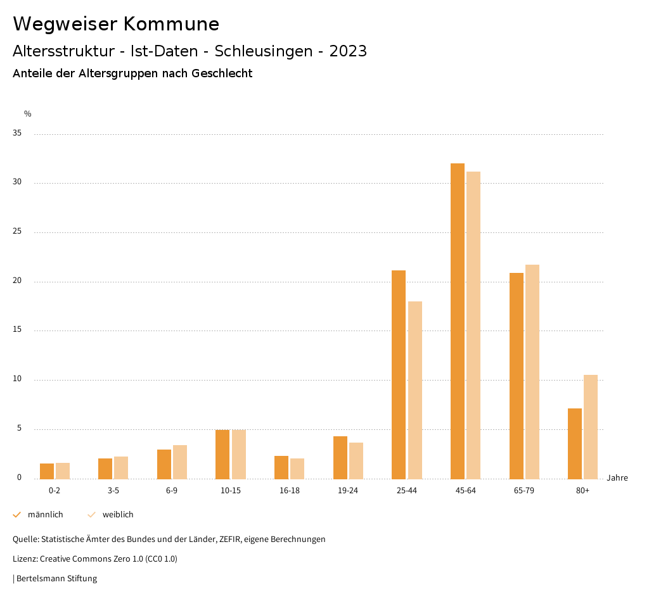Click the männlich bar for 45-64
pyautogui.click(x=458, y=321)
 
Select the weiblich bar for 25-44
pyautogui.click(x=415, y=390)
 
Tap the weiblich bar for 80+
pyautogui.click(x=591, y=427)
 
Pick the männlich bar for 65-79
pyautogui.click(x=517, y=375)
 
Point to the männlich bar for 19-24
pyautogui.click(x=340, y=457)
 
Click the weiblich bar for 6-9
pyautogui.click(x=180, y=462)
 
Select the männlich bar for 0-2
pyautogui.click(x=47, y=471)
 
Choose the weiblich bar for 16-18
pyautogui.click(x=297, y=469)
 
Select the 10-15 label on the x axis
pyautogui.click(x=231, y=491)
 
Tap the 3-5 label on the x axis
pyautogui.click(x=113, y=491)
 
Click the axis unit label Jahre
pyautogui.click(x=617, y=478)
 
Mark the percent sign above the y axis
pyautogui.click(x=28, y=114)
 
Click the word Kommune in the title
pyautogui.click(x=171, y=24)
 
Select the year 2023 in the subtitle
pyautogui.click(x=348, y=51)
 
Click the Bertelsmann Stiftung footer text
pyautogui.click(x=56, y=579)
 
